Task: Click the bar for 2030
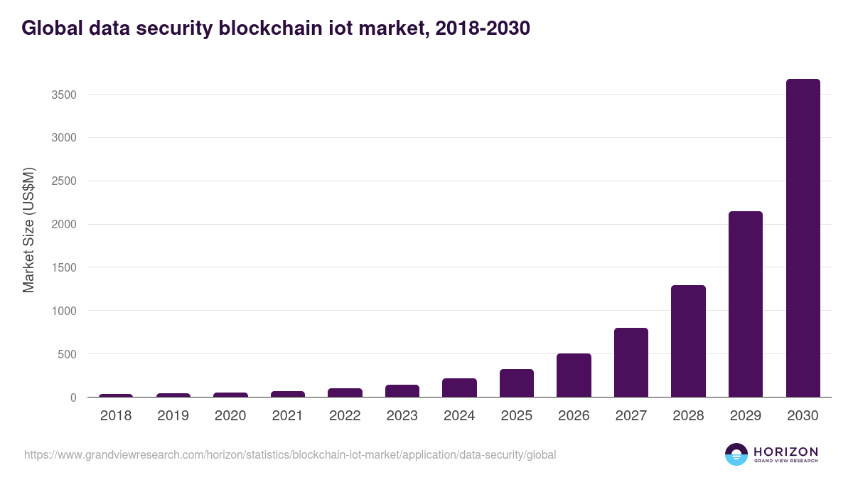(x=803, y=238)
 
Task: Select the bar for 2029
(x=746, y=304)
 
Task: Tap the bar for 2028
(x=688, y=341)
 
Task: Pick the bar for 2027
(x=631, y=363)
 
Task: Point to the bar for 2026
(x=574, y=375)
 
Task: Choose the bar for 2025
(x=517, y=383)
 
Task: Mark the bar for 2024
(x=459, y=388)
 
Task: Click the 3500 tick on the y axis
(x=63, y=95)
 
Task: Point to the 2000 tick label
(x=63, y=225)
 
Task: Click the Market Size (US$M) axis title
(x=28, y=230)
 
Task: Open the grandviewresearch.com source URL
(x=290, y=454)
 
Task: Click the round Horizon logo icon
(x=736, y=454)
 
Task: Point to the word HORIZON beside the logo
(x=785, y=452)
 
